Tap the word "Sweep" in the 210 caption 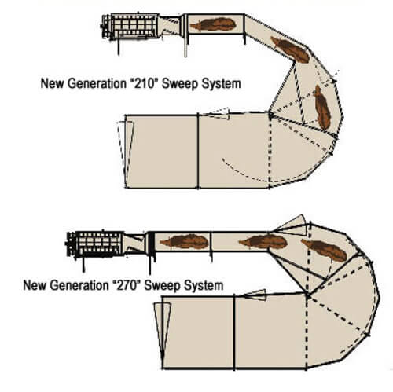tap(179, 84)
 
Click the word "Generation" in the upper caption tap(97, 84)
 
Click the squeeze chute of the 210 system tap(130, 27)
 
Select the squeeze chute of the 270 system tap(94, 245)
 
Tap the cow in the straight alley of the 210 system tap(213, 24)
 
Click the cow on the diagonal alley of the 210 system tap(290, 49)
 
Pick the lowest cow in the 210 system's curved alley tap(322, 108)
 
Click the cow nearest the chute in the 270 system tap(185, 242)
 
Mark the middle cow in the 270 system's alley tap(263, 241)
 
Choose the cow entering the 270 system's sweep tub tap(325, 250)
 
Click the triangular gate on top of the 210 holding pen tap(218, 114)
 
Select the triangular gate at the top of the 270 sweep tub tap(292, 225)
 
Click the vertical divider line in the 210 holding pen tap(198, 151)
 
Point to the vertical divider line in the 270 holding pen tap(234, 332)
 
